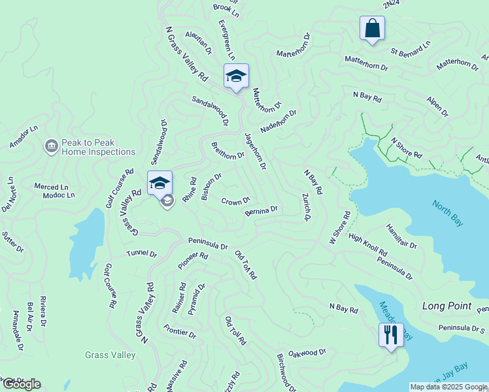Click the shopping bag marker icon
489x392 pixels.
[x=372, y=28]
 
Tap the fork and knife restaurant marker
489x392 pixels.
[x=390, y=335]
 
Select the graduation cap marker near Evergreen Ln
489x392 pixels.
[x=236, y=76]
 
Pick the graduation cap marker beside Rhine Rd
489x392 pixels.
[x=160, y=184]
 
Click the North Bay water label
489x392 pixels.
[x=448, y=213]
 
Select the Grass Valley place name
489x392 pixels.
[x=110, y=355]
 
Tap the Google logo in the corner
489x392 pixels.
[x=22, y=384]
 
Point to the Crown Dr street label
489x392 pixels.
[x=235, y=201]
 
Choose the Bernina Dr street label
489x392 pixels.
[x=261, y=210]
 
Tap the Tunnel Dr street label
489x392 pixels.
[x=142, y=253]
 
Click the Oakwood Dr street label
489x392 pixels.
[x=307, y=353]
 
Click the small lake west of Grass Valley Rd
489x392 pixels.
[x=86, y=244]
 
